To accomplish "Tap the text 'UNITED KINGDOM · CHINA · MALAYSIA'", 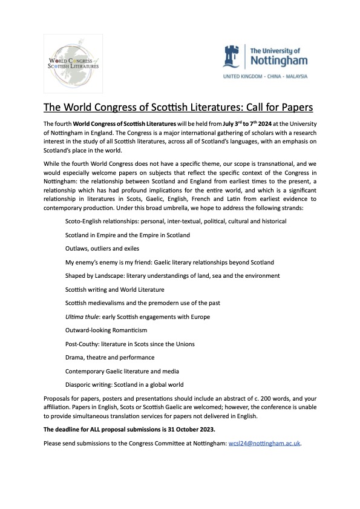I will coord(266,77).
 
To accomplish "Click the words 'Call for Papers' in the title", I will coord(278,108).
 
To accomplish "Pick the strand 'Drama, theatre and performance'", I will coord(110,358).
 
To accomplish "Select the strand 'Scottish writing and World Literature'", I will coord(114,289).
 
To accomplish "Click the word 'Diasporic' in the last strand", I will coord(79,385).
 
